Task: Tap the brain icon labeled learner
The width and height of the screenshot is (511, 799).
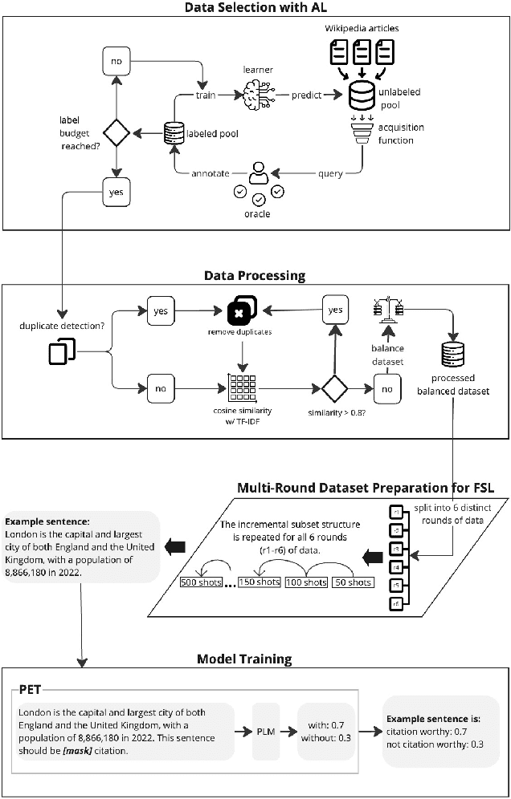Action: coord(256,95)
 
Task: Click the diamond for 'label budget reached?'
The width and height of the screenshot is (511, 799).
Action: coord(117,132)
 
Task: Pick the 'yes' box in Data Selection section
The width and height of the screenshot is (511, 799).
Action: coord(117,192)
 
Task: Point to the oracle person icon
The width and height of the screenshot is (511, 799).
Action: coord(259,172)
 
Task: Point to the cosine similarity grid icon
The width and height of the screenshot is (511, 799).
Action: coord(241,389)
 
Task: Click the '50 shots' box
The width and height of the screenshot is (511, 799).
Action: coord(353,582)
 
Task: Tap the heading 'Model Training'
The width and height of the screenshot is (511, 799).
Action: coord(244,659)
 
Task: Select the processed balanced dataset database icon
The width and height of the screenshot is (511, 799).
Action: coord(452,355)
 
